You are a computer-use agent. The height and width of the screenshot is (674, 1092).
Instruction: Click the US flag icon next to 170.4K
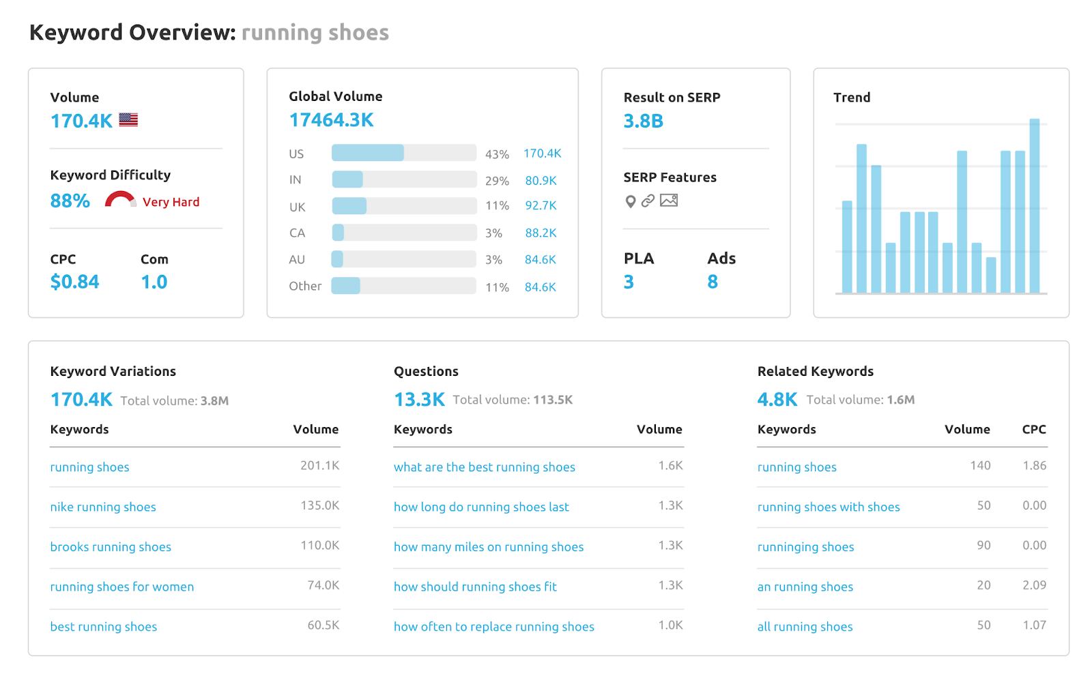coord(128,120)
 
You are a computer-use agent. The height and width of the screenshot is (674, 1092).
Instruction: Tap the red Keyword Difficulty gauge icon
coord(120,200)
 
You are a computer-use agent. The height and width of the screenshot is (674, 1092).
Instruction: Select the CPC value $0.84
coord(74,282)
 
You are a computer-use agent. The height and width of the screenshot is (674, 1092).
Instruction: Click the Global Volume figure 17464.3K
coord(331,120)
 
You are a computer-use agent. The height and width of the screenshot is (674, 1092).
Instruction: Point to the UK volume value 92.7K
coord(541,205)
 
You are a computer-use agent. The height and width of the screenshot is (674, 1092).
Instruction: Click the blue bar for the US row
coord(368,153)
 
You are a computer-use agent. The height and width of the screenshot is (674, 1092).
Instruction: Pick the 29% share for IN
coord(497,181)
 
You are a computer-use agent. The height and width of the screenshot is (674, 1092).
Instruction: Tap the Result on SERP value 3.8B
coord(643,121)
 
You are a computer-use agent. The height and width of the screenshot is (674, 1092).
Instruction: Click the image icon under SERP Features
coord(669,201)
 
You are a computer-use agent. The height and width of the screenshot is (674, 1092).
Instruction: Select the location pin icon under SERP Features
coord(631,201)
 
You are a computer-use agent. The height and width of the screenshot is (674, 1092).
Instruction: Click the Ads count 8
coord(713,282)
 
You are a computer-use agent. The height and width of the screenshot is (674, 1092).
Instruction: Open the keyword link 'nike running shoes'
coord(103,507)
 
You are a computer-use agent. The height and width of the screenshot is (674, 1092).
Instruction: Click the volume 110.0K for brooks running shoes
coord(319,546)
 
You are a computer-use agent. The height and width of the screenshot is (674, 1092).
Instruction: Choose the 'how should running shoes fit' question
coord(475,587)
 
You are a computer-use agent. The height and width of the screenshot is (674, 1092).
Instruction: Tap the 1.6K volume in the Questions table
coord(670,466)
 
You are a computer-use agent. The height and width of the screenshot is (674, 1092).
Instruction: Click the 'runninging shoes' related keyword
coord(805,547)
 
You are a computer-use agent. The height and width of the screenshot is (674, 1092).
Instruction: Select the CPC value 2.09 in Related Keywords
coord(1034,585)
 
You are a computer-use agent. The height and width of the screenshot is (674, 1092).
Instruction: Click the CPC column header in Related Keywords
coord(1033,429)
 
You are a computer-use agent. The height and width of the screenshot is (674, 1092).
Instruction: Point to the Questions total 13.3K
coord(419,400)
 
